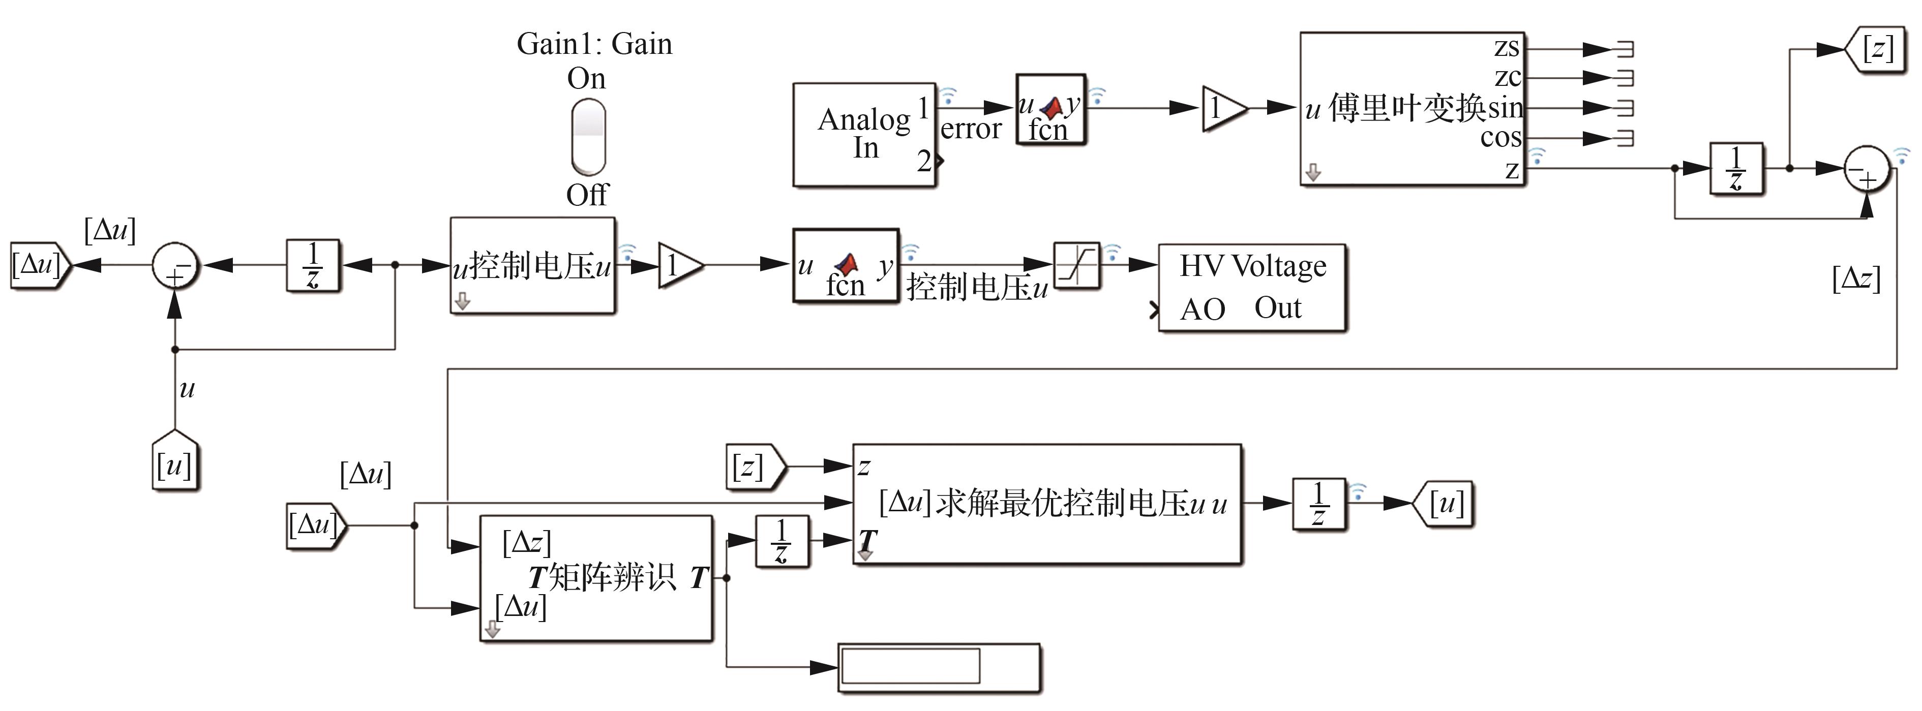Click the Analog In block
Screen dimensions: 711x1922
click(x=863, y=134)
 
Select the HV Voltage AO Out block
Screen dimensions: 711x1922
click(x=1251, y=287)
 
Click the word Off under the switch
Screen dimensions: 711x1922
click(x=587, y=196)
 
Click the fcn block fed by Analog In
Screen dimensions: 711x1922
click(x=1050, y=109)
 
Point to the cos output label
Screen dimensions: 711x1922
click(x=1500, y=137)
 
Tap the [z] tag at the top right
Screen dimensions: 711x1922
click(x=1876, y=49)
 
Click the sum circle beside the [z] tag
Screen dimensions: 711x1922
click(x=1866, y=169)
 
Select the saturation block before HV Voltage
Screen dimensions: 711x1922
click(x=1076, y=265)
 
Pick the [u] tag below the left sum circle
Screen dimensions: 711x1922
click(x=174, y=462)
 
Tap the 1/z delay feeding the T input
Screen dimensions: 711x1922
click(x=781, y=541)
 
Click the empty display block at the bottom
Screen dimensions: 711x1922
click(x=938, y=667)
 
